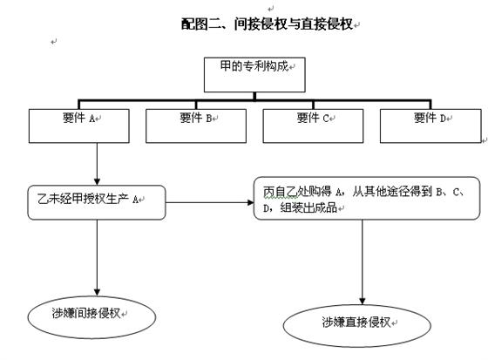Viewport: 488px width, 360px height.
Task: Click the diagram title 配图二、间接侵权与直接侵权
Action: click(267, 24)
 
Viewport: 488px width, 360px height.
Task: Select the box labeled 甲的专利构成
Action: click(254, 75)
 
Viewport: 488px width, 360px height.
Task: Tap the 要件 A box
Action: click(79, 126)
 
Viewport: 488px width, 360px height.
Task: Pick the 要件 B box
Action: click(196, 126)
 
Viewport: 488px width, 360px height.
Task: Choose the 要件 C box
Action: click(313, 126)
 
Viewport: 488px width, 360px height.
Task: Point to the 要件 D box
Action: click(430, 126)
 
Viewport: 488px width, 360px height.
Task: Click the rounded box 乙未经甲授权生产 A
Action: click(97, 202)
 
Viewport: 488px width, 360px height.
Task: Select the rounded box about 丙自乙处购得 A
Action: click(367, 199)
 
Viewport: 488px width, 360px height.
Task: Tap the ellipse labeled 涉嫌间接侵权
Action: click(91, 317)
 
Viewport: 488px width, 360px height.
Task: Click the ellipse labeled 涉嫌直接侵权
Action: click(357, 326)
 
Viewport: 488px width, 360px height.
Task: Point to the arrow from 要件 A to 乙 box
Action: click(97, 164)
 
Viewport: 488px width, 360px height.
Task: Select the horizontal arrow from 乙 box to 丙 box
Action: click(210, 203)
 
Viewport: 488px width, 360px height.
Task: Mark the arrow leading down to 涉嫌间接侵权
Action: click(97, 258)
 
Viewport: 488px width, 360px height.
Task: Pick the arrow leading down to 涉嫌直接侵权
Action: click(362, 262)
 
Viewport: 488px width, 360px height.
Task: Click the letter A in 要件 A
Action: click(92, 119)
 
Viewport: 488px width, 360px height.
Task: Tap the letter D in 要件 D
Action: click(443, 119)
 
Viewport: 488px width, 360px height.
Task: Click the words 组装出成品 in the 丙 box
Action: click(308, 207)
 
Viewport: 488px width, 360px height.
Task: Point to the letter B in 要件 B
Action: click(209, 119)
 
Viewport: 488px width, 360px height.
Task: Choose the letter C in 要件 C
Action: click(326, 119)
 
